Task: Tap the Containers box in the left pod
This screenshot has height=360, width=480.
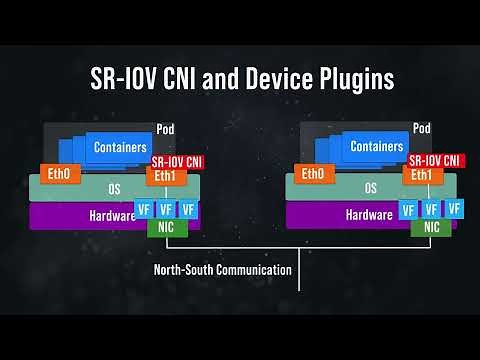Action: (121, 147)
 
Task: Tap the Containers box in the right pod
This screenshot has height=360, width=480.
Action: (377, 147)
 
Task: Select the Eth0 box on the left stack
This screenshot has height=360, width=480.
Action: (58, 174)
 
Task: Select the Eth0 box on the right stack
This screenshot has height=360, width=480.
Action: (313, 174)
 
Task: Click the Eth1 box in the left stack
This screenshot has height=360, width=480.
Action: (164, 176)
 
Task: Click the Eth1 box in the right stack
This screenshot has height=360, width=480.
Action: (420, 176)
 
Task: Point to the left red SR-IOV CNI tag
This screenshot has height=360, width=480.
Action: (178, 160)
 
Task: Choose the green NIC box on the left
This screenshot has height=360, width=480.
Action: (166, 227)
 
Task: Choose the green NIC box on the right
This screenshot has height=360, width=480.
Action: (431, 227)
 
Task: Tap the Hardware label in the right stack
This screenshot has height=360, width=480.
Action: (368, 214)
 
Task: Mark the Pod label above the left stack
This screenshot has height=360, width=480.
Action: (166, 129)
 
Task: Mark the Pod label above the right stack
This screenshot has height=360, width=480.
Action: (422, 129)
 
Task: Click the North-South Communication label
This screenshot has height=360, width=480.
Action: (222, 269)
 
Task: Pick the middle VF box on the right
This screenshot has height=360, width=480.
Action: (431, 209)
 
